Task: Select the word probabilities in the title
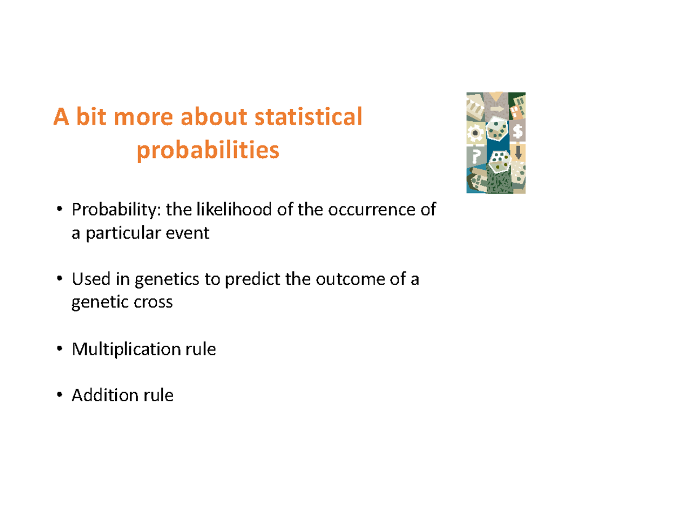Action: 208,151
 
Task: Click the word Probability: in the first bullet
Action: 116,210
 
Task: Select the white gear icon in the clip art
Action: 476,133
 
